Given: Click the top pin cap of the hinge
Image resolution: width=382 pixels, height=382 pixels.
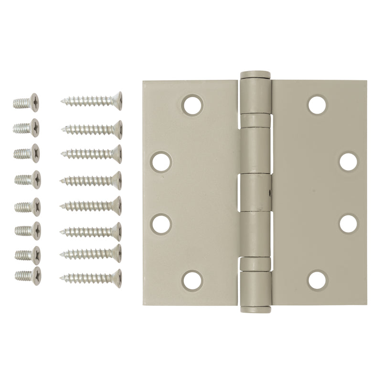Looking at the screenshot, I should (x=255, y=75).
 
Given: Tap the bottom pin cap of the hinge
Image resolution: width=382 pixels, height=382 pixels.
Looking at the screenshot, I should (x=255, y=309).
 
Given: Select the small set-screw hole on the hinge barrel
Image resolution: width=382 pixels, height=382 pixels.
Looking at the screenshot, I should (x=268, y=194).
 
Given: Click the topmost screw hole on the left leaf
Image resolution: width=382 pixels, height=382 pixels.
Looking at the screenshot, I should (x=192, y=105).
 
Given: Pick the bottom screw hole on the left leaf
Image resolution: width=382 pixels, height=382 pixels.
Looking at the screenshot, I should (x=192, y=281).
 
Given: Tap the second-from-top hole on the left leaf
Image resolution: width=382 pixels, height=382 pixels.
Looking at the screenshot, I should (x=161, y=162).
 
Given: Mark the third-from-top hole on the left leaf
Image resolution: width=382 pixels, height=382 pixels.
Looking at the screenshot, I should (x=161, y=224).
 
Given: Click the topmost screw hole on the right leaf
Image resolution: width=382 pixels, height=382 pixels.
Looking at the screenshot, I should (x=317, y=105).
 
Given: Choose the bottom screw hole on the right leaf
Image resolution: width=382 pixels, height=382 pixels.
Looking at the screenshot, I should (x=317, y=281).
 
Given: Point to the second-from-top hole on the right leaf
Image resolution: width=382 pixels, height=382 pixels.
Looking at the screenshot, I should (x=348, y=162).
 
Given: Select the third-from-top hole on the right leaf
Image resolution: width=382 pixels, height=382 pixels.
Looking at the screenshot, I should (x=348, y=224).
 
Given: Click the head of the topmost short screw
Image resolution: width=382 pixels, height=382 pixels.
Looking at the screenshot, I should (x=34, y=102).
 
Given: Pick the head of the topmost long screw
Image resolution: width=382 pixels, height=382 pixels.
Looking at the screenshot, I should (x=117, y=101).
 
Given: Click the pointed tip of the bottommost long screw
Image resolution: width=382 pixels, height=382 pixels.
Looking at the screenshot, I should (x=62, y=278).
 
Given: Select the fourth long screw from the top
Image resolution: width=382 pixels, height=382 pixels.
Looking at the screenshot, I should (x=91, y=180).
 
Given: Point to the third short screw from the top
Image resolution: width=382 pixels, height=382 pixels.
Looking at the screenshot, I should (x=27, y=153).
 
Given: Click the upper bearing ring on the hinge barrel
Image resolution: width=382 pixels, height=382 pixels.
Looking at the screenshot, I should (x=255, y=121).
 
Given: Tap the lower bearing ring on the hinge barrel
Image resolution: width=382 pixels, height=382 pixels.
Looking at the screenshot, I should (x=255, y=264).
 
